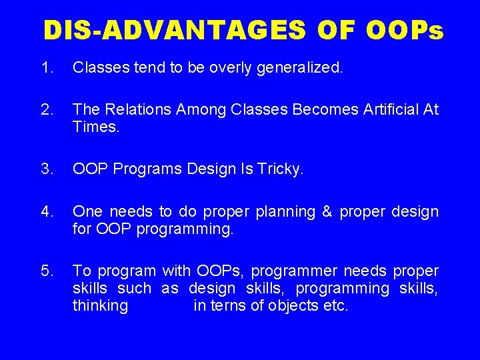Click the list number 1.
point(46,67)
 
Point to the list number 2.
point(46,109)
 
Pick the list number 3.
point(46,169)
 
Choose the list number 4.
point(46,211)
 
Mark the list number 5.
point(46,271)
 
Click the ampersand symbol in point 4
point(327,212)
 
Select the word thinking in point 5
point(100,307)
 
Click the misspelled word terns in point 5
point(227,307)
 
